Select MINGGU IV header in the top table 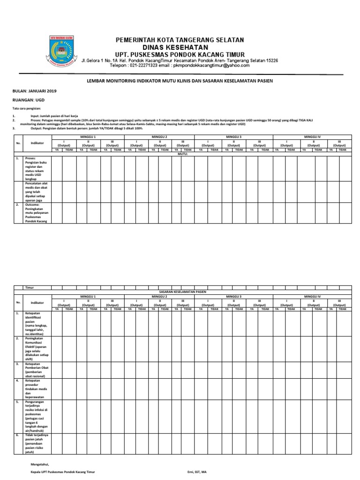click(312, 136)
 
